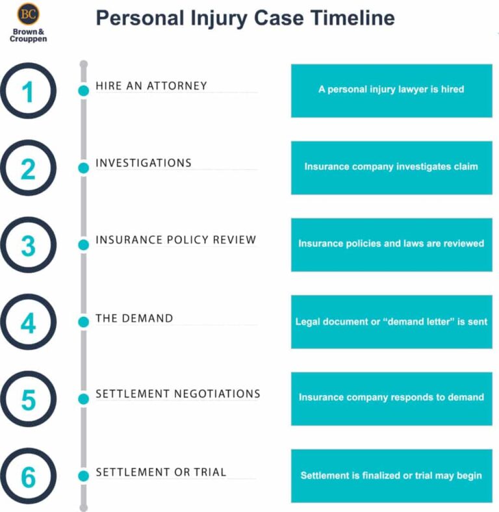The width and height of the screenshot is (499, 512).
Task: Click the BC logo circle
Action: pos(28,14)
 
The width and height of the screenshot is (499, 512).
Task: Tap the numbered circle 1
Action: pos(28,91)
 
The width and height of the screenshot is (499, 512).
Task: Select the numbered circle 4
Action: pos(28,322)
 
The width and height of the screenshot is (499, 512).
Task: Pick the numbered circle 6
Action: pos(28,477)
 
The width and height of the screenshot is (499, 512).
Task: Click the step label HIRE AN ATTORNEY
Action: pos(151,86)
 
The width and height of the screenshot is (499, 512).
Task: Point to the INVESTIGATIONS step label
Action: pos(144,162)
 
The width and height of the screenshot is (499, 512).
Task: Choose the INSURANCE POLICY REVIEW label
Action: pos(175,240)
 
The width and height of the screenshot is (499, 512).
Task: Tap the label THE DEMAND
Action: pos(134,318)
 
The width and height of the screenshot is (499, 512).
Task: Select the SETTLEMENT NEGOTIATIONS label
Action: pos(177,394)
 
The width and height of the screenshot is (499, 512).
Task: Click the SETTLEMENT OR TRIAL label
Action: pos(160,472)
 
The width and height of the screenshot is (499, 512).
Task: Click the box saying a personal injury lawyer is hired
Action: pos(391,90)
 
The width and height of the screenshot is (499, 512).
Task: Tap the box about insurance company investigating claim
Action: pos(391,167)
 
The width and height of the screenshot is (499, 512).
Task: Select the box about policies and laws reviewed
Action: pos(391,244)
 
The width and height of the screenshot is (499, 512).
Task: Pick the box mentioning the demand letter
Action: pos(391,322)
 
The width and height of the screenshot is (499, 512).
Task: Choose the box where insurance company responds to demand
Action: pos(391,398)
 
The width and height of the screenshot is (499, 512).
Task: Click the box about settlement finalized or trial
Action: pos(391,476)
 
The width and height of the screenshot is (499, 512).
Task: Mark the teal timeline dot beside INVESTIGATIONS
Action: pos(83,168)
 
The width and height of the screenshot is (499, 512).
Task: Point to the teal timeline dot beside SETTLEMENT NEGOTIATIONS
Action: pos(83,399)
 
